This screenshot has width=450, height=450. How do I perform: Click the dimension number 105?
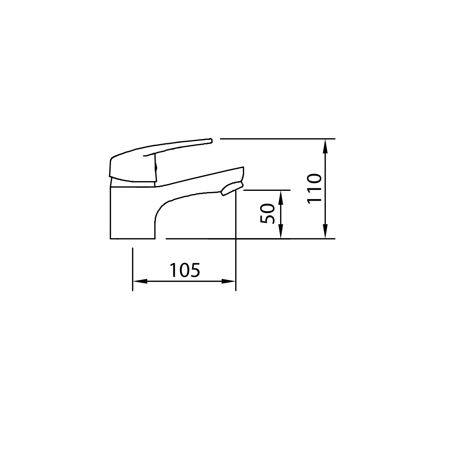[x=185, y=270]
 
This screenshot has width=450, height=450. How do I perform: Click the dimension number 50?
[x=267, y=213]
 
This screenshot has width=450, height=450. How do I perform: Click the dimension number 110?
[x=314, y=189]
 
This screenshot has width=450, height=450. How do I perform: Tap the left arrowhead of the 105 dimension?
[x=140, y=281]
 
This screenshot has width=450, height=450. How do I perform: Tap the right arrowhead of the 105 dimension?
[x=228, y=281]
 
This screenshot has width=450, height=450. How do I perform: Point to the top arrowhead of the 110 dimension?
[x=325, y=146]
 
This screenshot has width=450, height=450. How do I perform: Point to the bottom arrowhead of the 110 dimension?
[x=325, y=231]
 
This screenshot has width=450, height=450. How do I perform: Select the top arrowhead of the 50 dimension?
[x=281, y=198]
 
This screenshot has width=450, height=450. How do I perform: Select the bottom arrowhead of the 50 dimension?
[x=281, y=231]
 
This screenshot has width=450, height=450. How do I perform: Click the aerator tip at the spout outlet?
[x=232, y=189]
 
